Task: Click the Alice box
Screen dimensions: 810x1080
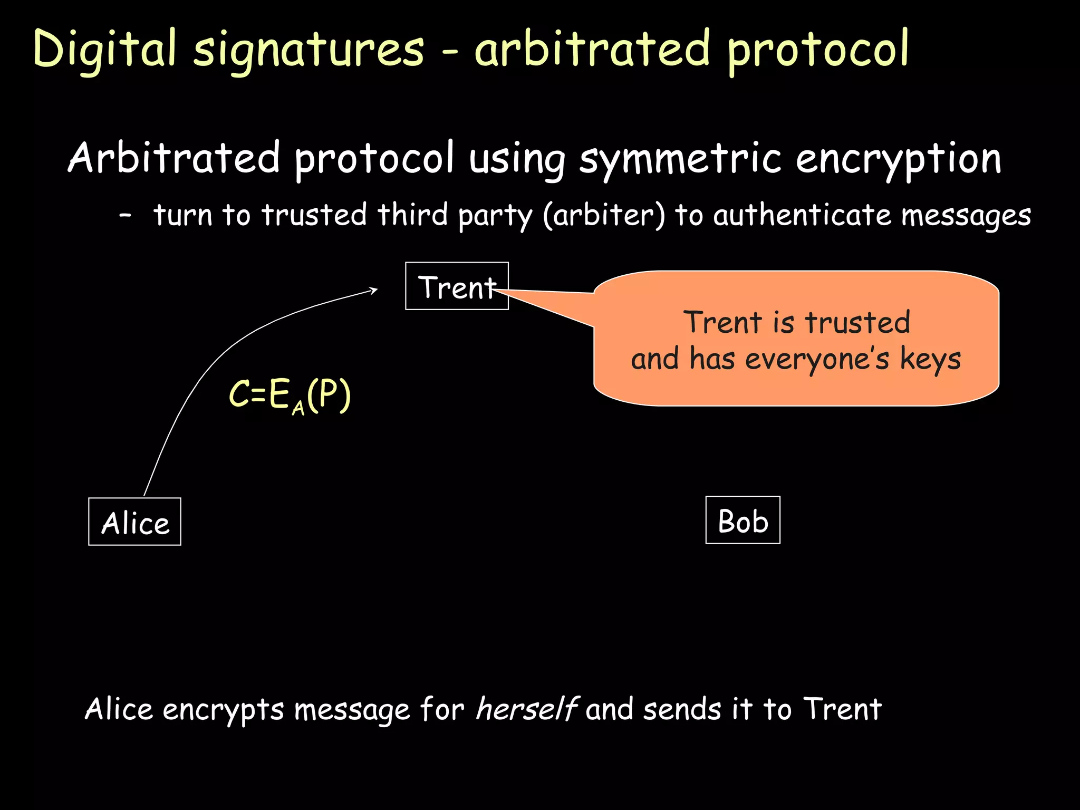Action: [134, 522]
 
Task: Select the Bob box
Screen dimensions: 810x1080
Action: [742, 520]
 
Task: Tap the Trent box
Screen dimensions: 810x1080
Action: [457, 286]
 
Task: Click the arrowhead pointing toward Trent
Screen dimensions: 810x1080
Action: [374, 290]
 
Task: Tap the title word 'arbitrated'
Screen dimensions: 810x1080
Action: [592, 50]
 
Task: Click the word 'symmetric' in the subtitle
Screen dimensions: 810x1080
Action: [680, 159]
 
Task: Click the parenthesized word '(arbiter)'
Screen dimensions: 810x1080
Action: [604, 216]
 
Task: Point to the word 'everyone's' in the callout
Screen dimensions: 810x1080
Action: [817, 360]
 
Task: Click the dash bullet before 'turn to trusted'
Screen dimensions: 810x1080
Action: [125, 216]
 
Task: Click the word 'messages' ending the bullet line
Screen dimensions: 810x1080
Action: [966, 216]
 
